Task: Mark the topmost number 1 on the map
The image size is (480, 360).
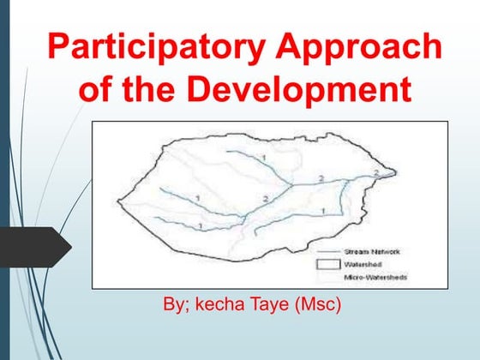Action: (264, 159)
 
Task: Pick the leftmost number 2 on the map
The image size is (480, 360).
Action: (242, 199)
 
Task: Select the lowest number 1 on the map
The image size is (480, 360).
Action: (200, 225)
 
